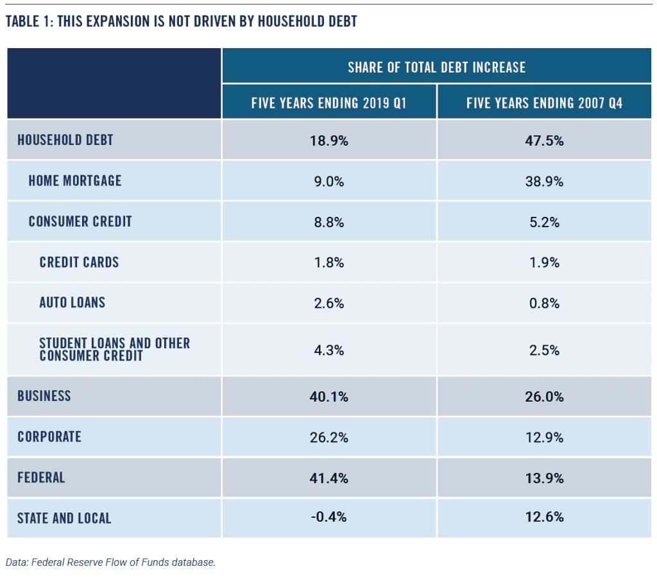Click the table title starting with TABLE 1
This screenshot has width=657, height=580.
tap(181, 21)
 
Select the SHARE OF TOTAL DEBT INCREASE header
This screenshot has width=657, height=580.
tap(436, 67)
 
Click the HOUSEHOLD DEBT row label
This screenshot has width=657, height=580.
tap(65, 140)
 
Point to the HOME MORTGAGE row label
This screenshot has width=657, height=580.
tap(75, 180)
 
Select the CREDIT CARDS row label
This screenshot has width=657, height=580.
tap(79, 262)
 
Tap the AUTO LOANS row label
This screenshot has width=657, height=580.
tap(72, 302)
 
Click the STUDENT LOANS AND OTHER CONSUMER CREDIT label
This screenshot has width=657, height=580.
tap(114, 349)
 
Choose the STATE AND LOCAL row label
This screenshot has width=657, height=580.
tap(64, 518)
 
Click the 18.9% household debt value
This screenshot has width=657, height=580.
tap(329, 141)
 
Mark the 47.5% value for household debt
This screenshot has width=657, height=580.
tap(544, 141)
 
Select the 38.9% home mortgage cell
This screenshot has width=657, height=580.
tap(544, 182)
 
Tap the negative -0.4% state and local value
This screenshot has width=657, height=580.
tap(329, 517)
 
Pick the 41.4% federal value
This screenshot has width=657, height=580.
tap(329, 477)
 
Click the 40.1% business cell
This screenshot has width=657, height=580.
tap(329, 397)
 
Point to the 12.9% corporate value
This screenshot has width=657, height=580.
tap(544, 437)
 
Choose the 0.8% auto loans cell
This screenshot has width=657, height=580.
tap(544, 303)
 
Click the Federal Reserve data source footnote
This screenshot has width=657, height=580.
tap(111, 562)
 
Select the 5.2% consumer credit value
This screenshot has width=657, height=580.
tap(544, 222)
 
